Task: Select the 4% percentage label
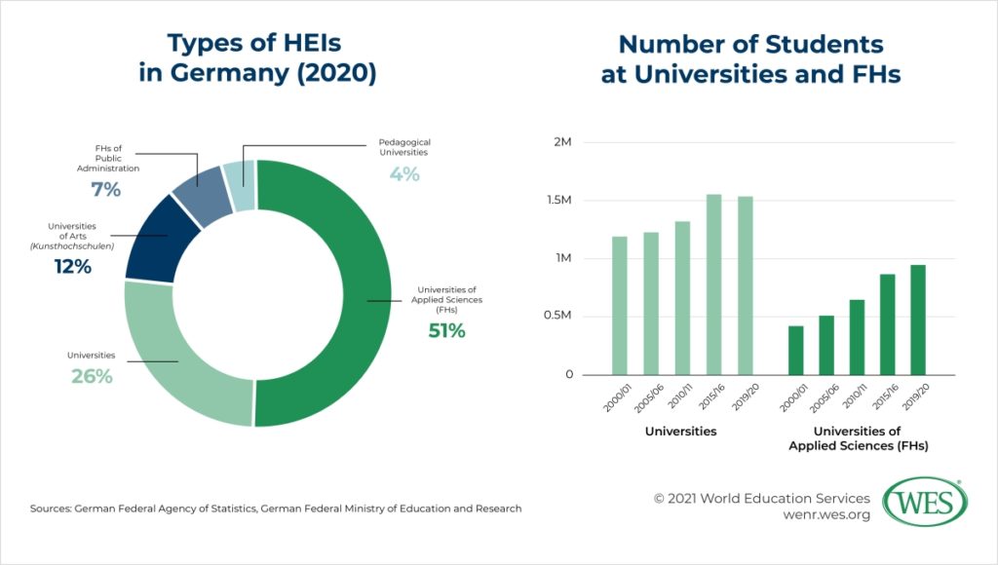click(403, 174)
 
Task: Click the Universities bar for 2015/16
click(714, 284)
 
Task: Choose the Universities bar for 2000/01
click(620, 305)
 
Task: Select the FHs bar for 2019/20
click(918, 320)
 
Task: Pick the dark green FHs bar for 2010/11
click(857, 337)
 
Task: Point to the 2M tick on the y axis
click(561, 142)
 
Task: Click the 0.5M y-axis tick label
click(557, 317)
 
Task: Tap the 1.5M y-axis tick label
click(557, 201)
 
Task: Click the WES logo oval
click(924, 502)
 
